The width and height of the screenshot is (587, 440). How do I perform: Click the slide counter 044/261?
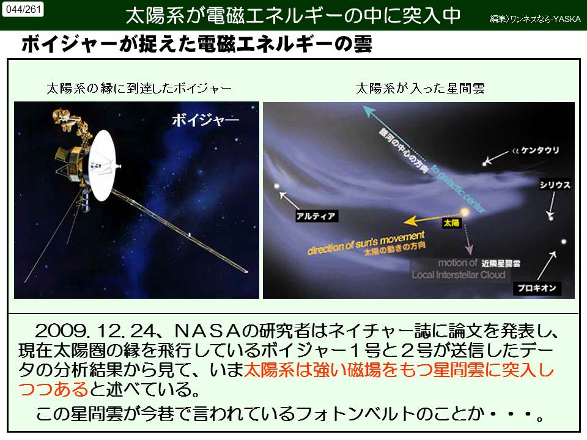click(x=23, y=9)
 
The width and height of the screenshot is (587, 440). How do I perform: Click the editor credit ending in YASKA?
click(x=536, y=19)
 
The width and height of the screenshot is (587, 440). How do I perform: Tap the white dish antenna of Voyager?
click(x=103, y=165)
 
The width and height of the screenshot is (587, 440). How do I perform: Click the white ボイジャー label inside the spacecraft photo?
click(x=205, y=120)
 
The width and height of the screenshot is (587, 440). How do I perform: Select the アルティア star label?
click(x=316, y=216)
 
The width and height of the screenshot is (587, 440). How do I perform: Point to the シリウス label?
click(x=555, y=185)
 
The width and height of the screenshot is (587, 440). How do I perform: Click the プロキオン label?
click(x=537, y=288)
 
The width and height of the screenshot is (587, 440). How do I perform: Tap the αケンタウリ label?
click(x=536, y=150)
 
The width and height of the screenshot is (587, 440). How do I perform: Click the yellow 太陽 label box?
click(x=451, y=224)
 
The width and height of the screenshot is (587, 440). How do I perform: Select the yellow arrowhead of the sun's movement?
click(x=410, y=221)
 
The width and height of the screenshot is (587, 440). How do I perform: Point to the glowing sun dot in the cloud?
click(x=465, y=213)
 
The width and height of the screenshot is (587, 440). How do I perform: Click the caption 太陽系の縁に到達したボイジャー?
click(x=139, y=88)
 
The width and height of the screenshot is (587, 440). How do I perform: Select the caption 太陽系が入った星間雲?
click(x=420, y=88)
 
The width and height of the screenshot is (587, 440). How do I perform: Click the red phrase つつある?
click(x=54, y=389)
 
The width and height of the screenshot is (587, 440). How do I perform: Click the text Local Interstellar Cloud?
click(x=459, y=275)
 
